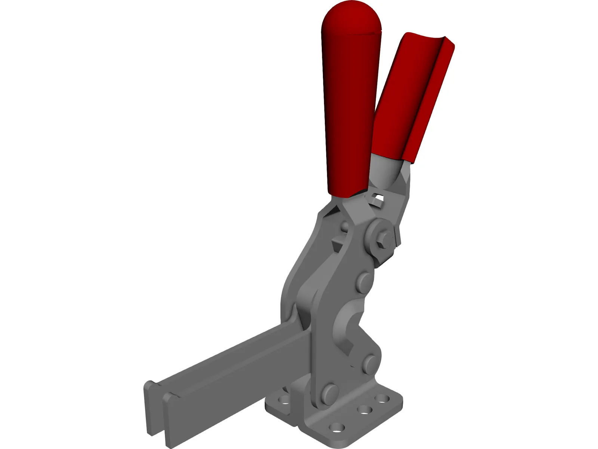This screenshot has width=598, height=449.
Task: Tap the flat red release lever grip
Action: pos(411,97)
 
